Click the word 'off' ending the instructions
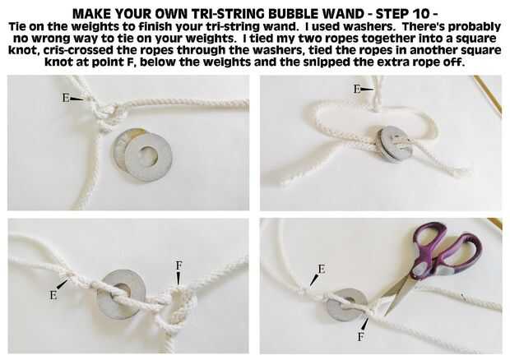coord(453,62)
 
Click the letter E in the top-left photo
coord(66,98)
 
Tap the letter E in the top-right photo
coord(357,89)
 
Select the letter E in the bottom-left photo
coord(53,295)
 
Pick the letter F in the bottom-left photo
coord(178,265)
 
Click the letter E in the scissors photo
coord(321,270)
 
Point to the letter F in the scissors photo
coord(360,337)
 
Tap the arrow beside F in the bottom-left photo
coord(178,279)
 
